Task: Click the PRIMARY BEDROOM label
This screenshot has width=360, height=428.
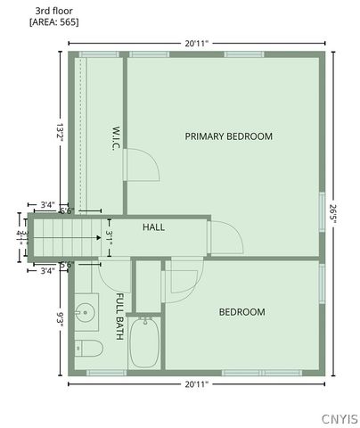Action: [x=228, y=136]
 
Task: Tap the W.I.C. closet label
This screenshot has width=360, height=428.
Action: [x=116, y=137]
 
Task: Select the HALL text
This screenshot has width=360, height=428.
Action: [x=154, y=227]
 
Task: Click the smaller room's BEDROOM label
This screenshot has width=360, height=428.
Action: [x=242, y=312]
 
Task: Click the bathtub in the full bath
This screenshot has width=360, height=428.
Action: [x=143, y=343]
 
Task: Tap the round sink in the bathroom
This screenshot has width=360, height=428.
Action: [x=86, y=313]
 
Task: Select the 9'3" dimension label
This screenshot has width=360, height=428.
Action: [x=60, y=318]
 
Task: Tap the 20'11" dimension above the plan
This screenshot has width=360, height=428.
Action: [x=197, y=42]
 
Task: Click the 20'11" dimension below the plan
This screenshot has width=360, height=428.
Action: [x=197, y=384]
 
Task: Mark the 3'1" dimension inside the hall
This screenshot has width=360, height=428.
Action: [x=109, y=237]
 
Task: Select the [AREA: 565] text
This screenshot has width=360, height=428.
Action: [x=53, y=21]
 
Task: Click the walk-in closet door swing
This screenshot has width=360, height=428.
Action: [x=141, y=163]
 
